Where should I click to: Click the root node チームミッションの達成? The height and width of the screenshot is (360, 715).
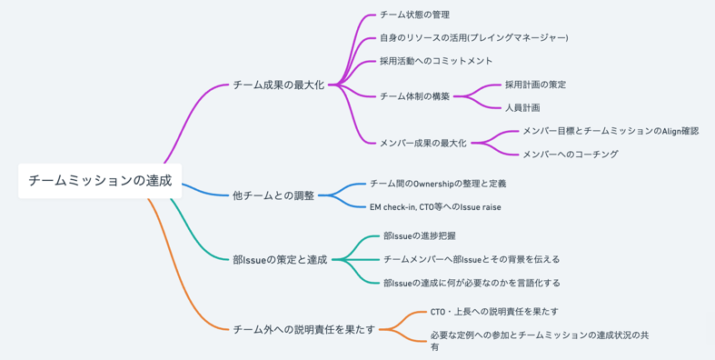coord(100,180)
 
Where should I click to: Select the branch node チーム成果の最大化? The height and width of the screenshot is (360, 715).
coord(278,85)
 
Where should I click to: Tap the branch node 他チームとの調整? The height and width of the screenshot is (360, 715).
coord(273,195)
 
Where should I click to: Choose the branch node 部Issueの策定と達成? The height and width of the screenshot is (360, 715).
coord(279,260)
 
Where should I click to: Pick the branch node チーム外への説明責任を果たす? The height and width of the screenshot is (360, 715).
coord(303,329)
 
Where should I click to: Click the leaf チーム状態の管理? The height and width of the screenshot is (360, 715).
coord(414,15)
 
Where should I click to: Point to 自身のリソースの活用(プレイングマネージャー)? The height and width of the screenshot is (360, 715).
coord(473,38)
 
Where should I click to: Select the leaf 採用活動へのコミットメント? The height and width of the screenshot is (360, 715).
coord(436,61)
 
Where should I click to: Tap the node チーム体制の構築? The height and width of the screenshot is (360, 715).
coord(414,96)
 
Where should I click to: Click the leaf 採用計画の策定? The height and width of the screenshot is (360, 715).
coord(535,85)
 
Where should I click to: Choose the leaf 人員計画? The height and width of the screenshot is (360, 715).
coord(522,107)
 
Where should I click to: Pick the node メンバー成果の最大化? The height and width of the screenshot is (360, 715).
coord(422,143)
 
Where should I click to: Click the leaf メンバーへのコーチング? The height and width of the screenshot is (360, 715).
coord(570,155)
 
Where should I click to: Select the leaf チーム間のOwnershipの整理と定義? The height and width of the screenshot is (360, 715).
coord(438,184)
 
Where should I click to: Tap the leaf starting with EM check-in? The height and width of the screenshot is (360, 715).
coord(435,207)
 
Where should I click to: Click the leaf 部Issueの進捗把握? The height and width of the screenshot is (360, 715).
coord(420,236)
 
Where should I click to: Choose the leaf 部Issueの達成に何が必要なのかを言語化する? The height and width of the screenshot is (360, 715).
coord(472,283)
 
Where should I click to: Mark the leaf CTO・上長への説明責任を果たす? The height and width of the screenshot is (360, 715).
coord(494,312)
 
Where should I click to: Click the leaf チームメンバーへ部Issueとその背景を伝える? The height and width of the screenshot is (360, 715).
coord(472,259)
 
